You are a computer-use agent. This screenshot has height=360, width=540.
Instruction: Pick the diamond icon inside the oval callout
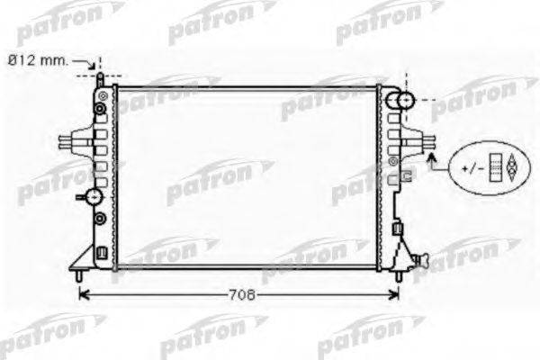click(x=513, y=166)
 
